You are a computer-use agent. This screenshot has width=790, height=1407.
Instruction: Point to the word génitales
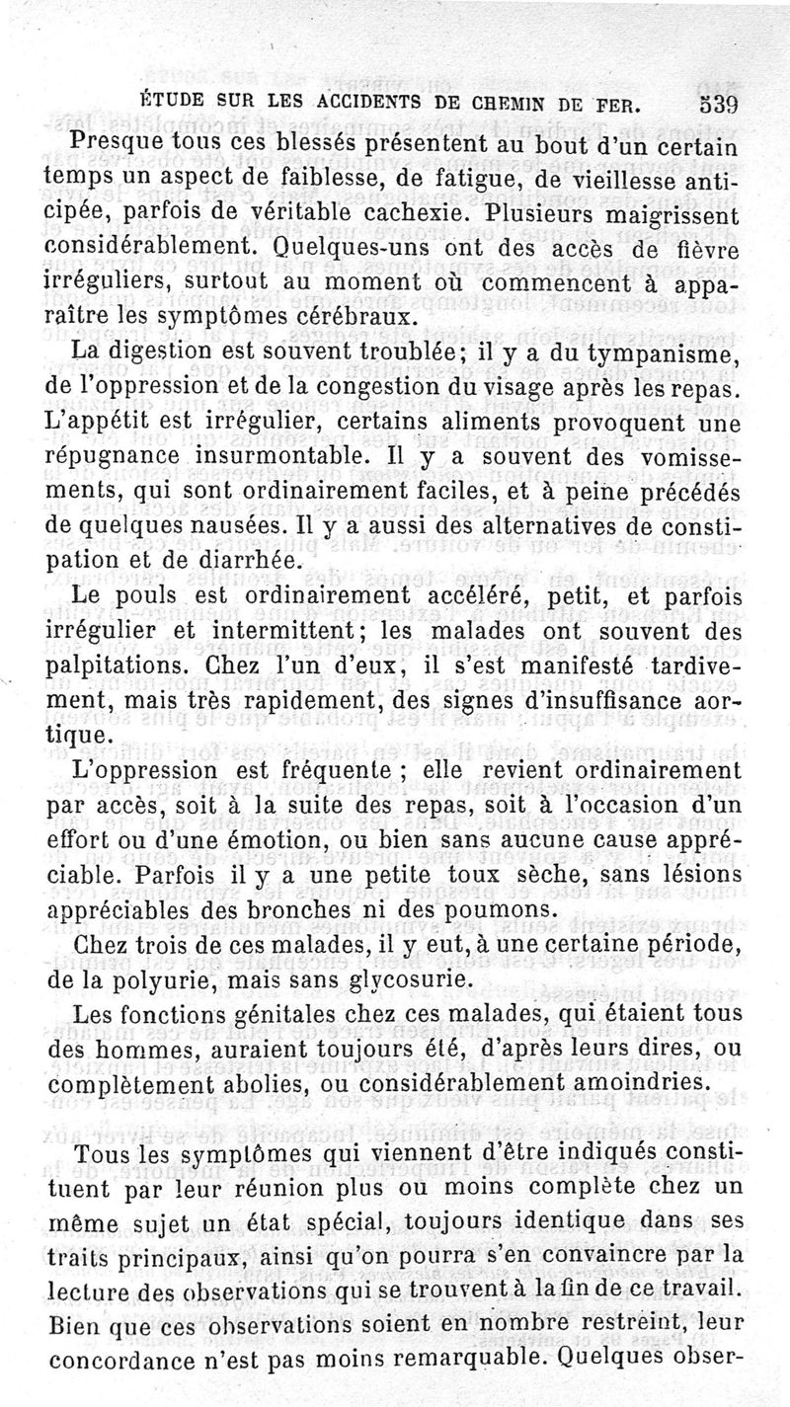311,1016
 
